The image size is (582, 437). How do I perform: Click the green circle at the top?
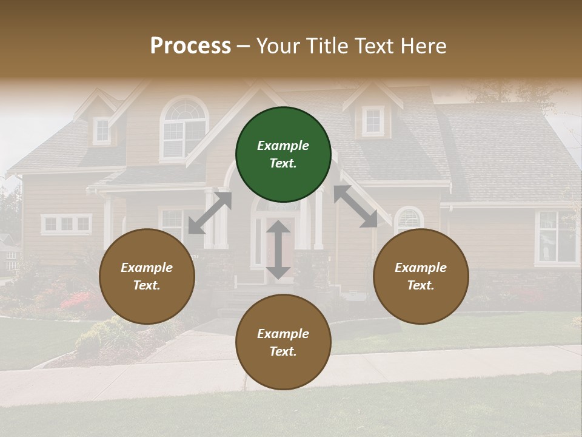tap(283, 155)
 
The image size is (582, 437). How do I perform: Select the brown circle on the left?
tap(147, 277)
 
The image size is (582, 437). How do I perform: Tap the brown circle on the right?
tap(421, 277)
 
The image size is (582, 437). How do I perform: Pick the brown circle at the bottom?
tap(283, 342)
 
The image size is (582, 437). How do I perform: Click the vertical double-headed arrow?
tap(278, 250)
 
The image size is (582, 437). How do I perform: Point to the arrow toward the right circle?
tap(356, 206)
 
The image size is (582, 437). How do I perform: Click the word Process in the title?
tap(190, 46)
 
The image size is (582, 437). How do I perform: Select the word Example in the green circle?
tap(283, 146)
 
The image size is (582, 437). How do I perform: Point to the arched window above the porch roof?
tap(184, 129)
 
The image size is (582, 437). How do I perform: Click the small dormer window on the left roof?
tap(102, 130)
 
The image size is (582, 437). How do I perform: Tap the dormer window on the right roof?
tap(373, 121)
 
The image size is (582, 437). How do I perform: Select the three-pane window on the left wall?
tap(67, 224)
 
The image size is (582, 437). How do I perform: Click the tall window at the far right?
tap(556, 237)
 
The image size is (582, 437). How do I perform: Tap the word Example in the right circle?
tap(421, 268)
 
